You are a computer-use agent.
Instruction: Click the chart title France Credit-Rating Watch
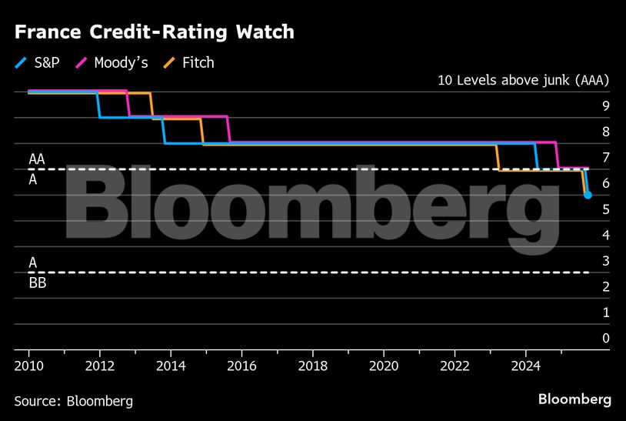pos(154,32)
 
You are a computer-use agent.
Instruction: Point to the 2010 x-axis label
pos(29,365)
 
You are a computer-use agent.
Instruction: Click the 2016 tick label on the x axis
pos(242,365)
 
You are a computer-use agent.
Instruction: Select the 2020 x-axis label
pos(385,365)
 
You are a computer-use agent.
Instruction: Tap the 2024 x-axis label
pos(526,365)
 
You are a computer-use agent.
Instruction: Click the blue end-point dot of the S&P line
pos(588,195)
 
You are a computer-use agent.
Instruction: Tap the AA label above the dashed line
pos(36,159)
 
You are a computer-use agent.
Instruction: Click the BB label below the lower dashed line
pos(37,282)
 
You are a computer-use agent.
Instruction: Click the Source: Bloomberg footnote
pos(73,401)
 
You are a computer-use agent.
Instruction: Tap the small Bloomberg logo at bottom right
pos(574,399)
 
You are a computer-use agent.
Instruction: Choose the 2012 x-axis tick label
pos(100,365)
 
